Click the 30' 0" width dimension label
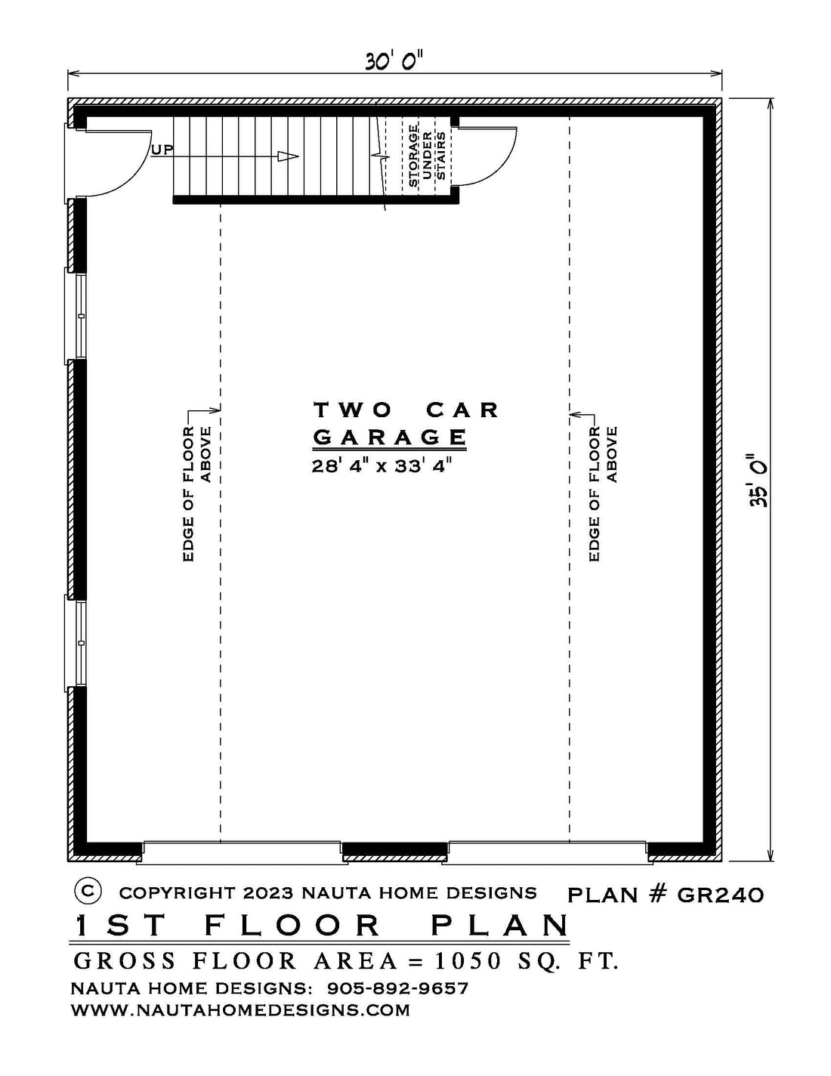(x=395, y=63)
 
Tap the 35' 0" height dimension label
(x=758, y=480)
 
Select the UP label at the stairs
(x=162, y=150)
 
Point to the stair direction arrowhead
(x=289, y=157)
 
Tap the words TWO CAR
(x=406, y=410)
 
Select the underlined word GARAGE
(x=390, y=437)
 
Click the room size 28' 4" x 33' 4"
(x=382, y=466)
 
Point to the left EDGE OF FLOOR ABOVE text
(x=197, y=493)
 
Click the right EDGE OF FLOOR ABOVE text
(x=604, y=493)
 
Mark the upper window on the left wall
(x=76, y=317)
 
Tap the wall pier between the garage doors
(x=395, y=850)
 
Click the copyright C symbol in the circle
(x=88, y=891)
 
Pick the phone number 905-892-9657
(x=397, y=988)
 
